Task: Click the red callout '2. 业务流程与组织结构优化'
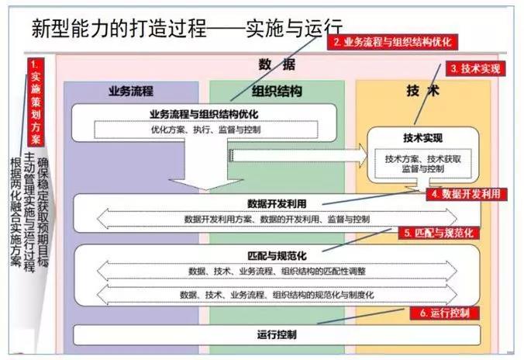pos(392,42)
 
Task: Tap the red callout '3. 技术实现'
pos(475,68)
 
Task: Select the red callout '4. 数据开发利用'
pos(467,194)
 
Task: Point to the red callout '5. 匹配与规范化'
pos(439,233)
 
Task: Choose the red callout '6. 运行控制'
pos(445,313)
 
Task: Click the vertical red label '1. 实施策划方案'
pos(36,102)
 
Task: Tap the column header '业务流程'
pos(131,91)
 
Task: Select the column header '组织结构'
pos(277,91)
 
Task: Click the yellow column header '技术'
pos(422,91)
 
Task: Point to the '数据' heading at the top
pos(277,64)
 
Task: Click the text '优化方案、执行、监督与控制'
pos(206,130)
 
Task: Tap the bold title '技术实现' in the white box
pos(422,138)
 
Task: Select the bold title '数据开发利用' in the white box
pos(277,204)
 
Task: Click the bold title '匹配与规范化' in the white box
pos(277,256)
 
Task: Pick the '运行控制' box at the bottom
pos(277,335)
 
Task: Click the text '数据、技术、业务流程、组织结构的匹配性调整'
pos(277,271)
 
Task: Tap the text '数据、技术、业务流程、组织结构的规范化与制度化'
pos(277,295)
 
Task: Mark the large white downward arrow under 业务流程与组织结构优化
pos(206,164)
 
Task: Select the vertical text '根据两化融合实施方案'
pos(16,212)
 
